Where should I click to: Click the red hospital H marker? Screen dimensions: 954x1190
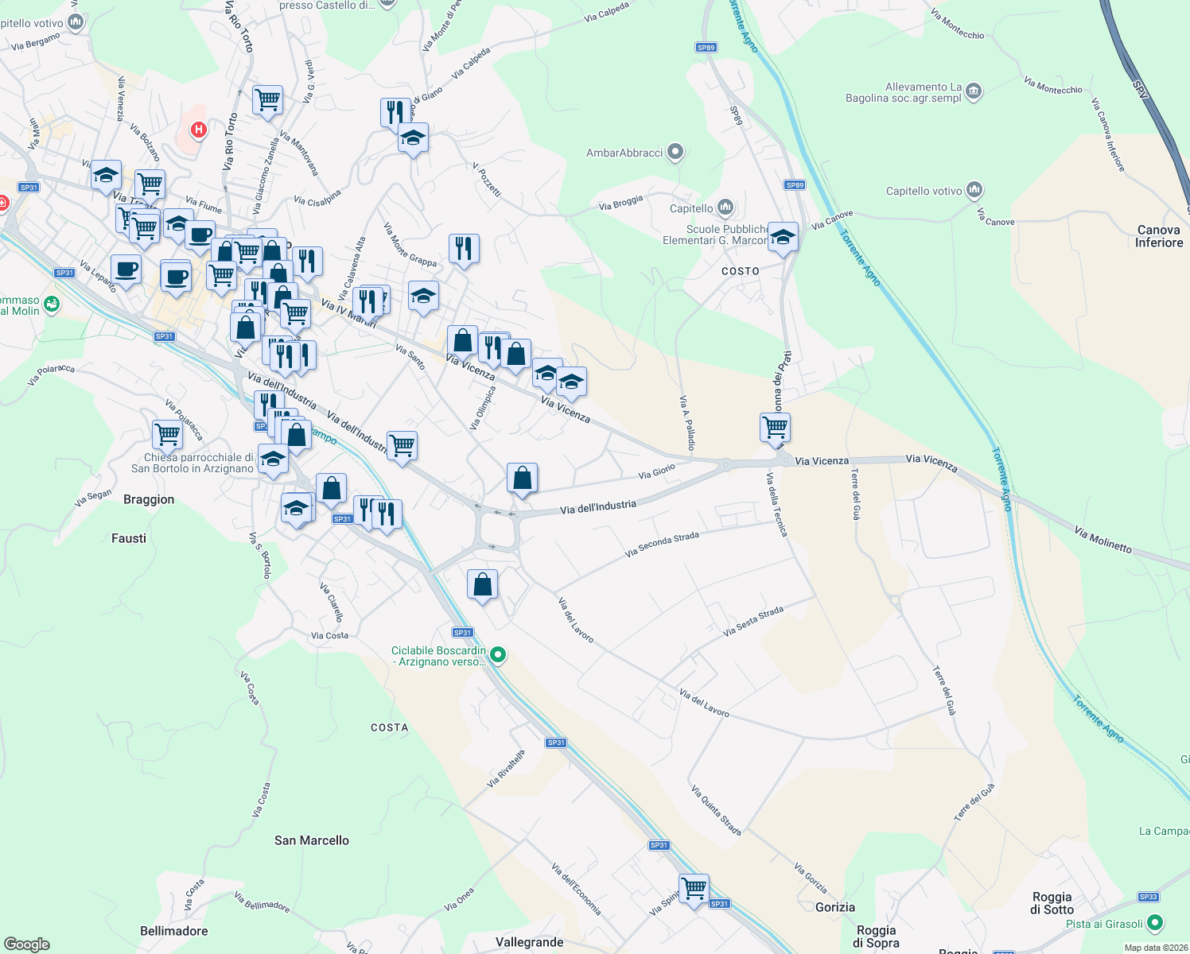pos(199,129)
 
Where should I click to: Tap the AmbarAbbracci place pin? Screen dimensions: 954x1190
pos(675,151)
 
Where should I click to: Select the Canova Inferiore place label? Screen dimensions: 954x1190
pos(1158,236)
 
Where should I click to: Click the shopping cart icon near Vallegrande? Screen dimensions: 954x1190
pos(694,889)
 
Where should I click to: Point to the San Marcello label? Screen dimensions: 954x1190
pos(311,840)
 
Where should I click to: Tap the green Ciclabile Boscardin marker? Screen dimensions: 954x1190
pos(498,655)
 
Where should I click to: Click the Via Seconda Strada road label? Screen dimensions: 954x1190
pos(662,545)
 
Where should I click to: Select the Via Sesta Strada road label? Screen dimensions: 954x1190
pos(752,621)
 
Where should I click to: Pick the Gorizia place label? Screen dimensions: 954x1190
pos(834,907)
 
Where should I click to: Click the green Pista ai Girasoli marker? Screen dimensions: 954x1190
pos(1155,923)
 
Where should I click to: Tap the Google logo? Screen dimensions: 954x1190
pos(26,944)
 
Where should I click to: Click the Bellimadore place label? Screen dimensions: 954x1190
pos(173,931)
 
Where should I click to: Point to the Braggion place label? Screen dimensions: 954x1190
pos(149,499)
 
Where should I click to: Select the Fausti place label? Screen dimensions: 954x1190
pos(129,538)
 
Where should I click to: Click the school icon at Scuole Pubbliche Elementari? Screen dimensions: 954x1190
pos(783,238)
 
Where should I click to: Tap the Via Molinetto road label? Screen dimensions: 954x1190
pos(1102,539)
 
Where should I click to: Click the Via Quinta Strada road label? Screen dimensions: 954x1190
pos(716,811)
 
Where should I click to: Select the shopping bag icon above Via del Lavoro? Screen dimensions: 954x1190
pos(482,586)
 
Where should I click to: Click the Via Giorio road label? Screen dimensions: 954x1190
pos(656,471)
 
